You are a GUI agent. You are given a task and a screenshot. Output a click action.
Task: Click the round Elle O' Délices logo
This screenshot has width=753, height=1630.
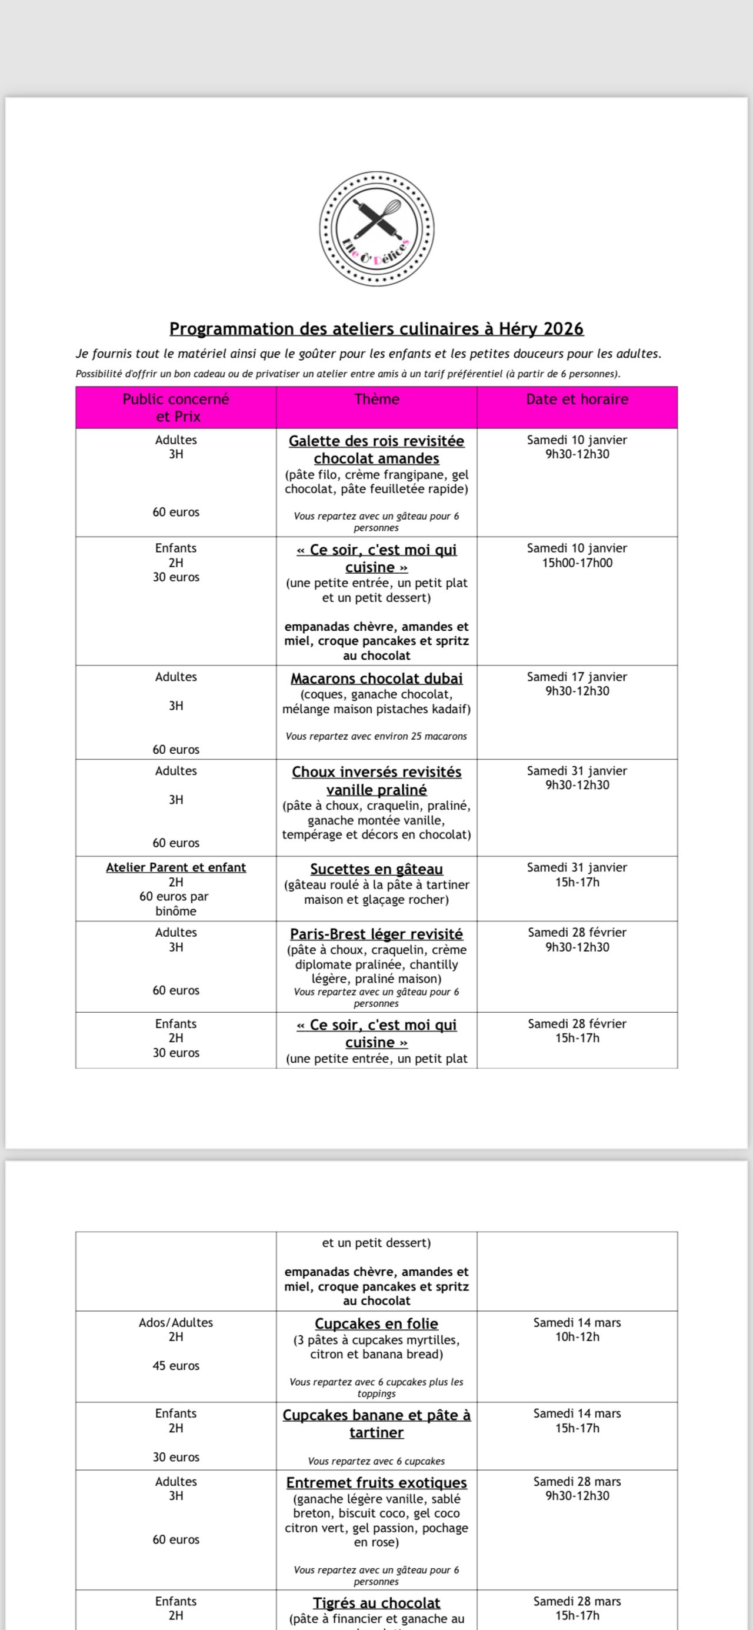376,228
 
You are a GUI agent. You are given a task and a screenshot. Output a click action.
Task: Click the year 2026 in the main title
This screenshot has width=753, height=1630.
562,329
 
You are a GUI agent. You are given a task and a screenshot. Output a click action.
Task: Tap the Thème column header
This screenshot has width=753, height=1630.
376,400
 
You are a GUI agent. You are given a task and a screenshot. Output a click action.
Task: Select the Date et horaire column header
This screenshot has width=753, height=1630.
577,400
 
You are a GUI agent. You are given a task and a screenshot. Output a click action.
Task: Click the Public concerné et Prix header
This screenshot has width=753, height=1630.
176,407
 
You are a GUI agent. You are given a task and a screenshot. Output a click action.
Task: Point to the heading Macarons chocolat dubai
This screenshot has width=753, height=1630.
376,678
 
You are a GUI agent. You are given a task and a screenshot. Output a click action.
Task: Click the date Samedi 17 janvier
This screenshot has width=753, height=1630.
577,677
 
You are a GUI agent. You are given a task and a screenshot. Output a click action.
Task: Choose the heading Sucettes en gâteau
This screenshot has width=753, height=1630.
376,869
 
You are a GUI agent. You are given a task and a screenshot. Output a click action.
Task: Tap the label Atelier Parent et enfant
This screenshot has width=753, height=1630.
176,867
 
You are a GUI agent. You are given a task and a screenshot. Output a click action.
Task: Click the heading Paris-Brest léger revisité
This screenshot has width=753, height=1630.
376,934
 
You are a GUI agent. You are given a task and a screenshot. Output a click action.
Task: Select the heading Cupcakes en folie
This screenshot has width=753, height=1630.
376,1323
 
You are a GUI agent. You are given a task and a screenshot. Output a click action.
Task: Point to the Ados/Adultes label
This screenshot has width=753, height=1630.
176,1322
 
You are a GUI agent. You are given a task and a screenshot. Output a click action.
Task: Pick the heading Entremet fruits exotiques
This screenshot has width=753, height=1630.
376,1482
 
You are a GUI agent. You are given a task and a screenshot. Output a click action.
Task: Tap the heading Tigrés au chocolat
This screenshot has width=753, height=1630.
376,1603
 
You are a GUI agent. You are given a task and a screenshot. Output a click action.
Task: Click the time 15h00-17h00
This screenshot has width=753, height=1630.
577,563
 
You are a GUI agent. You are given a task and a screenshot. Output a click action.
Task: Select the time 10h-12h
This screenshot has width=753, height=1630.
577,1337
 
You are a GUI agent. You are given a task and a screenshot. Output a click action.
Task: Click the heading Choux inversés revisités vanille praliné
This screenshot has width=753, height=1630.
376,781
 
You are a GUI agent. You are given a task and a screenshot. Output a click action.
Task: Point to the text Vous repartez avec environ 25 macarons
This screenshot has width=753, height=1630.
376,736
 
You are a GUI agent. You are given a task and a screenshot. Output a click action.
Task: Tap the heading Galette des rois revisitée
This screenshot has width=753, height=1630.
376,441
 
